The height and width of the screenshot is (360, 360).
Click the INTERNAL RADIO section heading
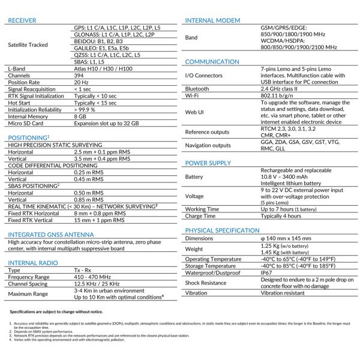pyautogui.click(x=30, y=263)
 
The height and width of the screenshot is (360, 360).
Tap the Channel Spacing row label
pyautogui.click(x=29, y=284)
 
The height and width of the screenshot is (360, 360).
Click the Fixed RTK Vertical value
pyautogui.click(x=99, y=220)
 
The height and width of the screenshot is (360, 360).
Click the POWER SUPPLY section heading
pyautogui.click(x=208, y=163)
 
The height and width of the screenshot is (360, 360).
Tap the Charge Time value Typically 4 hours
pyautogui.click(x=281, y=215)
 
